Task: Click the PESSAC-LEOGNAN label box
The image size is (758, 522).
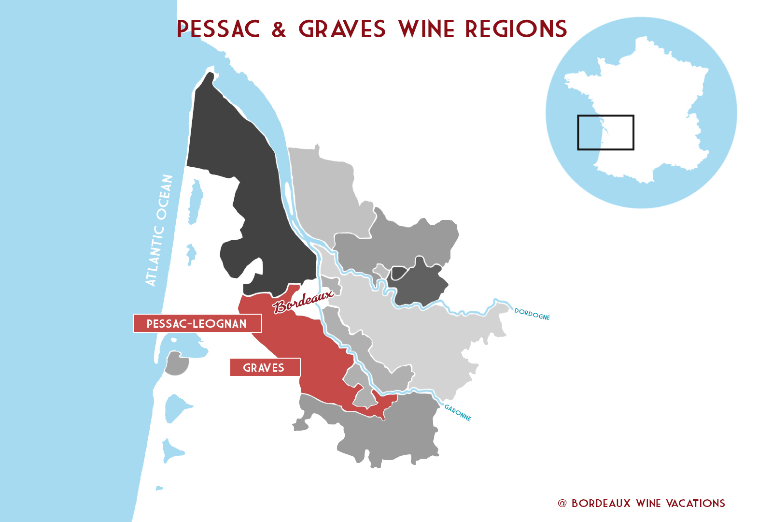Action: pos(197,323)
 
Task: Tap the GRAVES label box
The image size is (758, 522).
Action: pos(265,367)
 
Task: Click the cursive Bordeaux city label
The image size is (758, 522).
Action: pos(303,302)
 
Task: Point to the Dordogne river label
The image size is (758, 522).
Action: pos(532,314)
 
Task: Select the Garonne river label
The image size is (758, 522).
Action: pos(458,413)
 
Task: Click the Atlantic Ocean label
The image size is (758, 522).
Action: pos(159,230)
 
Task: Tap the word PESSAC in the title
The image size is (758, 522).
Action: pos(218,29)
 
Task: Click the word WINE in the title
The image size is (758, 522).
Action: pos(427,29)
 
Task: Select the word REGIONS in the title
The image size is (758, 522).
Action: pos(516,29)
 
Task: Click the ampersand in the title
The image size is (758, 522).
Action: pos(279,29)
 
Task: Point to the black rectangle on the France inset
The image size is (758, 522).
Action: pos(605,132)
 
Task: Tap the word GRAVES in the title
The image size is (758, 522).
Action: pos(342,29)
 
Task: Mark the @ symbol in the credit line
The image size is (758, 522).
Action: pos(562,503)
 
